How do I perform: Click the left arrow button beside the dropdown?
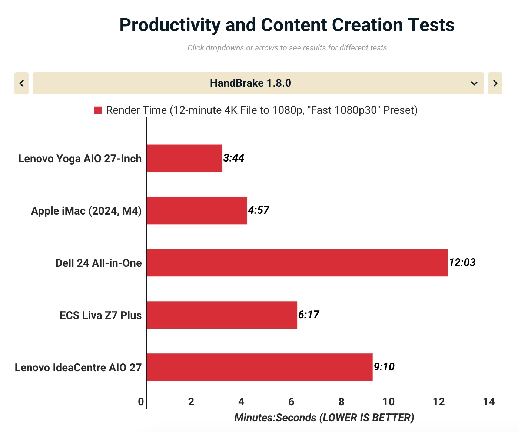(x=21, y=83)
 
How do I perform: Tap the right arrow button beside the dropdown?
(x=495, y=83)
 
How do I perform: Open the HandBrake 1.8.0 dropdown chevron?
(x=474, y=83)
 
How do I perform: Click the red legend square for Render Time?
(x=98, y=110)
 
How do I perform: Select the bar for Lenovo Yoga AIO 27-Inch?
(x=184, y=158)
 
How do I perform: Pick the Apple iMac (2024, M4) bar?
(x=197, y=210)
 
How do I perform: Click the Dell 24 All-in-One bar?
(x=297, y=263)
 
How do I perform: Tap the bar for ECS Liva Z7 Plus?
(x=222, y=315)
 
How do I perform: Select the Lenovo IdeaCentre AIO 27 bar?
(x=259, y=367)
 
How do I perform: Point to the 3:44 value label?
(x=234, y=158)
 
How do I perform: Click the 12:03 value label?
(x=462, y=262)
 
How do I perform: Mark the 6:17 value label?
(x=309, y=315)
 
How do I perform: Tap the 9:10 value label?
(x=384, y=367)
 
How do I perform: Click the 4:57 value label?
(x=259, y=210)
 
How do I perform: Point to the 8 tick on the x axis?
(x=341, y=402)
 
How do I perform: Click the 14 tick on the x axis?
(x=489, y=402)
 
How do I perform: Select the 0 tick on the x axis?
(x=141, y=402)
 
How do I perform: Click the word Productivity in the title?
(x=170, y=25)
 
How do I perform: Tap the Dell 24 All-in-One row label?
(x=99, y=263)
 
